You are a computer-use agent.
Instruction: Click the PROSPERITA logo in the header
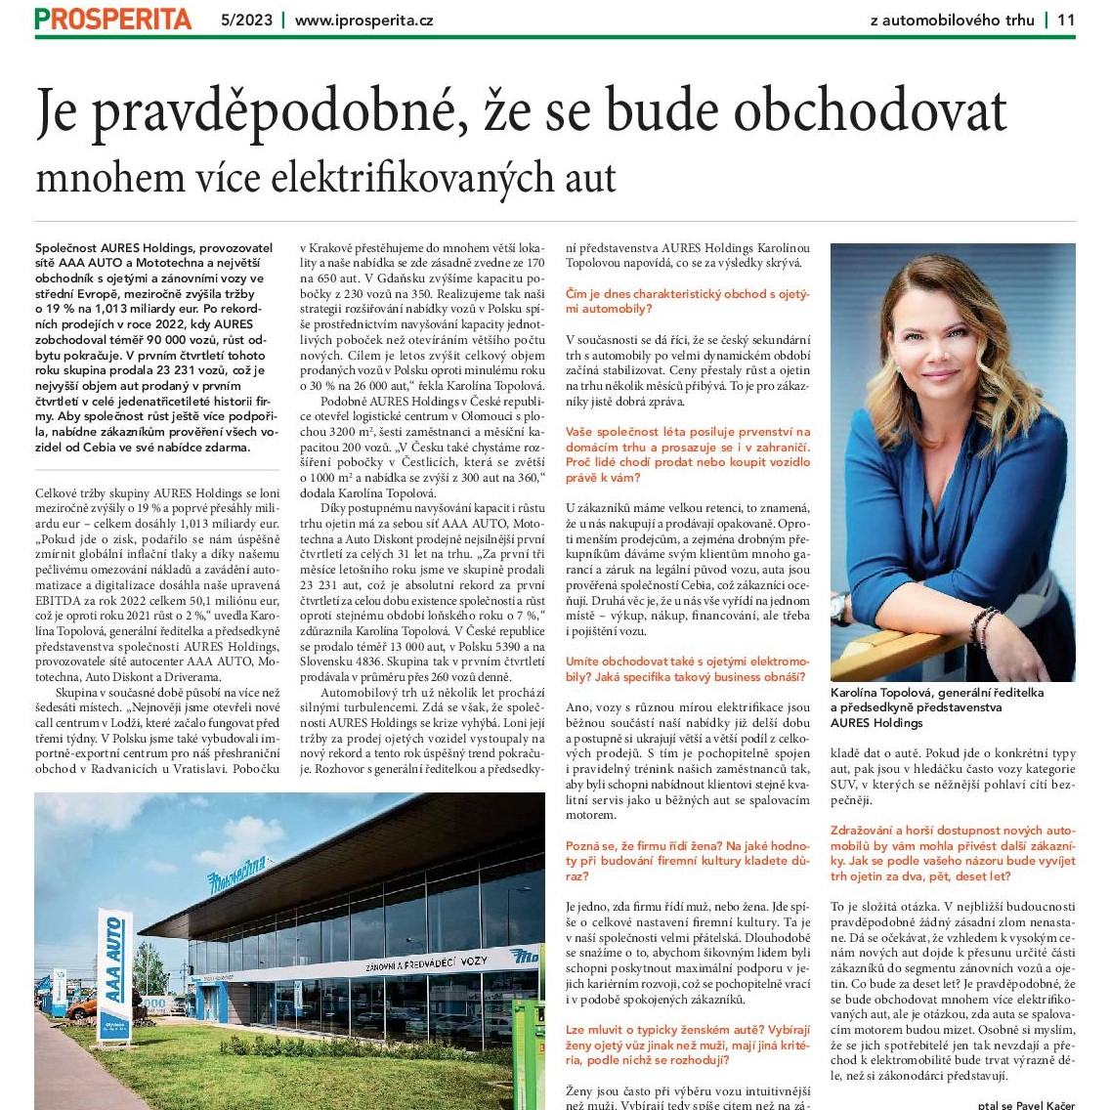click(113, 19)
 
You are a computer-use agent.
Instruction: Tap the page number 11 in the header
click(1065, 20)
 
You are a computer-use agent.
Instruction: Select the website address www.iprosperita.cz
click(363, 20)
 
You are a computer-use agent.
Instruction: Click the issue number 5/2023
click(247, 20)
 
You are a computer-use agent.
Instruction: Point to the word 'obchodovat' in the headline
click(870, 113)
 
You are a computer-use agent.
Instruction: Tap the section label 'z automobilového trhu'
click(952, 20)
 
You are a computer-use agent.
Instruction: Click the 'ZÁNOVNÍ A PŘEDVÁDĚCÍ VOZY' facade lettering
click(425, 963)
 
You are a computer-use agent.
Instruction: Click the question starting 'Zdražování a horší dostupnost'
click(953, 853)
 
